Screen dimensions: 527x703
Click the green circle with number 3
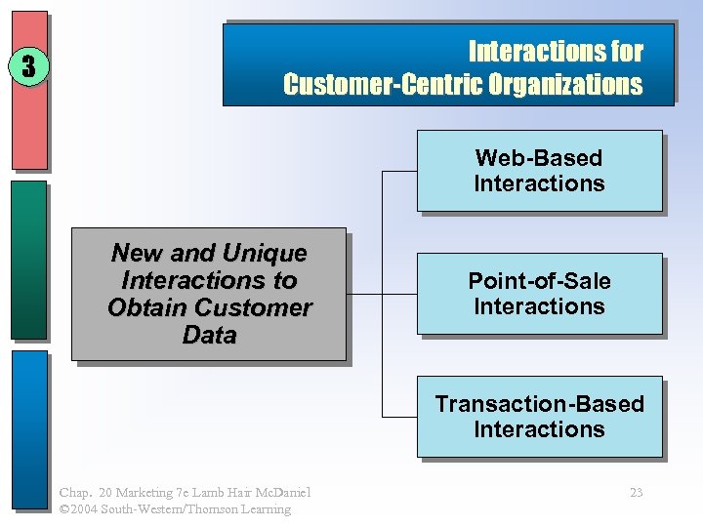[x=29, y=66]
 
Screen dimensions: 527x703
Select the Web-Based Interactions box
[x=539, y=171]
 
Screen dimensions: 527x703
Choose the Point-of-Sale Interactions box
[x=539, y=294]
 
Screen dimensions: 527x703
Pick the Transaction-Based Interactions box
[x=539, y=417]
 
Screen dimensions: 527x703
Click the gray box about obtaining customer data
[x=209, y=294]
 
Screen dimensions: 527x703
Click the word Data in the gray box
[x=209, y=336]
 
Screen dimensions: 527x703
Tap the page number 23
[x=636, y=493]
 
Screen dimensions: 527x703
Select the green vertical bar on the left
[x=29, y=259]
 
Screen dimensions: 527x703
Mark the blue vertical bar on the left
[x=29, y=429]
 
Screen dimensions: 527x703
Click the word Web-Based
[x=539, y=158]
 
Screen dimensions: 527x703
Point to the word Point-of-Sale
[x=539, y=281]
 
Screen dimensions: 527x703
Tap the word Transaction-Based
[x=539, y=404]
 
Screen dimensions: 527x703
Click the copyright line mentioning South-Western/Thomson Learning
[x=175, y=508]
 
